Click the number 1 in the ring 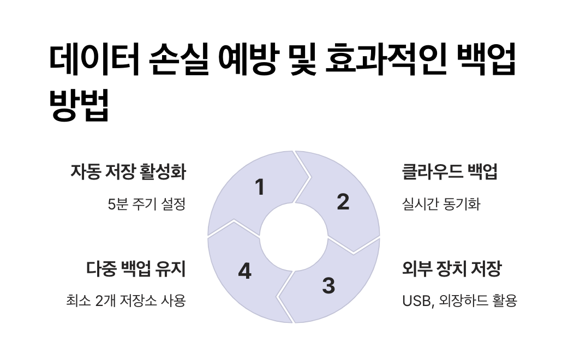pyautogui.click(x=260, y=187)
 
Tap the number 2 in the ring pyautogui.click(x=343, y=202)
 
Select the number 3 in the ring pyautogui.click(x=328, y=285)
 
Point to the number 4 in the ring pyautogui.click(x=245, y=271)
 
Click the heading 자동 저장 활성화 pyautogui.click(x=128, y=172)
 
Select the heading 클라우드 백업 pyautogui.click(x=450, y=172)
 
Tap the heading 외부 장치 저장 pyautogui.click(x=451, y=269)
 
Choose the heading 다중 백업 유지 pyautogui.click(x=136, y=269)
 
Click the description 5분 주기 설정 pyautogui.click(x=147, y=205)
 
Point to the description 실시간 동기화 pyautogui.click(x=441, y=205)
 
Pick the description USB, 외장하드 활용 pyautogui.click(x=459, y=301)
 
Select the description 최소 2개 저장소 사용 pyautogui.click(x=125, y=301)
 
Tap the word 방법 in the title pyautogui.click(x=80, y=105)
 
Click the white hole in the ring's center pyautogui.click(x=293, y=237)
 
